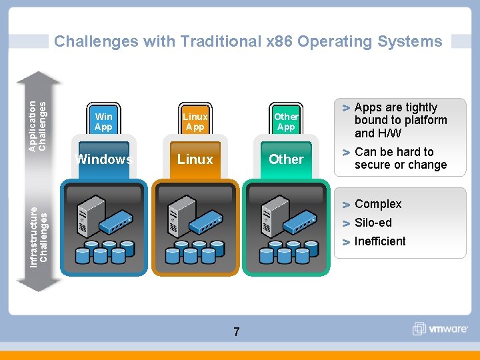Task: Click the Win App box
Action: [103, 121]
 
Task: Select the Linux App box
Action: [195, 121]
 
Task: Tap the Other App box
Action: [286, 121]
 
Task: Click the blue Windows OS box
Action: [103, 159]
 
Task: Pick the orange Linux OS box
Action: [195, 159]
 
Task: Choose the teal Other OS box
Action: [286, 159]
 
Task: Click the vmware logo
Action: [441, 328]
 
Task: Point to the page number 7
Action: [237, 331]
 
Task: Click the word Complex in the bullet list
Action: [378, 204]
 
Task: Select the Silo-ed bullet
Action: [373, 223]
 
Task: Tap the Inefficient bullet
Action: [379, 241]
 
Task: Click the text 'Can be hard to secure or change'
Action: [400, 159]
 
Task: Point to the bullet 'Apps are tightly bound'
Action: [400, 120]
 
